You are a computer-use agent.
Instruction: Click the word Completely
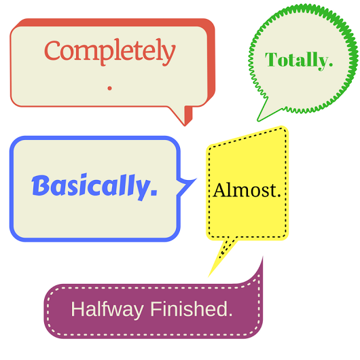tap(110, 52)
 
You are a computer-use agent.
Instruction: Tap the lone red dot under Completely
tap(110, 88)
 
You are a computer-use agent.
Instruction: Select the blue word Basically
tap(91, 187)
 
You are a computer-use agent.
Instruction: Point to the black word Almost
tap(244, 190)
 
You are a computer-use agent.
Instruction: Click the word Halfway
tap(107, 310)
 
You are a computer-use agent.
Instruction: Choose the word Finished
tap(189, 308)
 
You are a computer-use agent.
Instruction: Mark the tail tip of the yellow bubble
tap(209, 276)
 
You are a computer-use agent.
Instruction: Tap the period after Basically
tap(154, 193)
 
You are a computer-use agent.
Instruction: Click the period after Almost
tap(278, 196)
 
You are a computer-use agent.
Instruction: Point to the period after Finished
tap(230, 314)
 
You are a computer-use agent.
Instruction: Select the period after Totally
tap(330, 65)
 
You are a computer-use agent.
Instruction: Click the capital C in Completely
tap(52, 50)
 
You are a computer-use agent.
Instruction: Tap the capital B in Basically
tap(40, 185)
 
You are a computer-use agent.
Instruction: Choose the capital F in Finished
tap(156, 308)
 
